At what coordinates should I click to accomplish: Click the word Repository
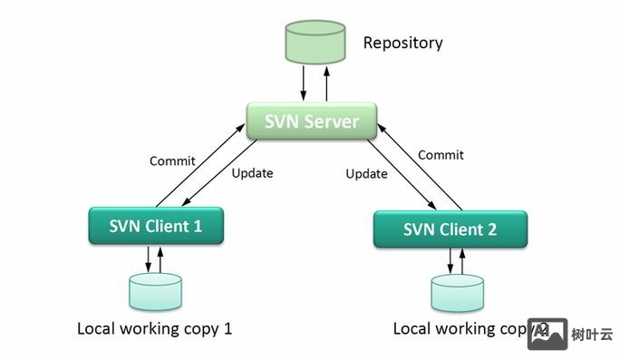[x=402, y=43]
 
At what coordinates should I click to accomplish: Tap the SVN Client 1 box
[x=156, y=226]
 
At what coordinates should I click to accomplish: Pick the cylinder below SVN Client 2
[x=457, y=293]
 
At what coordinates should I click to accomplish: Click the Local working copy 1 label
[x=154, y=328]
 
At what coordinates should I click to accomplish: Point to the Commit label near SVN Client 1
[x=172, y=161]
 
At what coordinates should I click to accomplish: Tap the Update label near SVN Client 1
[x=252, y=172]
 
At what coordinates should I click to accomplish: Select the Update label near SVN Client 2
[x=367, y=173]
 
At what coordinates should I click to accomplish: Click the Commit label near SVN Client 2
[x=441, y=155]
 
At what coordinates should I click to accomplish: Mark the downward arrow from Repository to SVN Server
[x=304, y=87]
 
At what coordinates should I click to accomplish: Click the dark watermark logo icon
[x=547, y=334]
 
